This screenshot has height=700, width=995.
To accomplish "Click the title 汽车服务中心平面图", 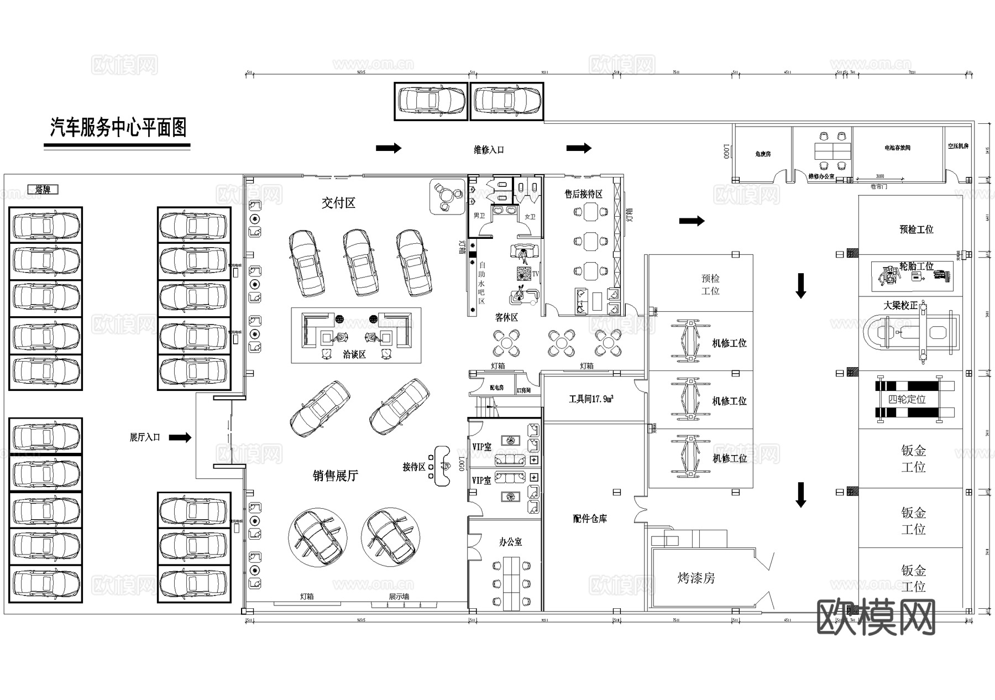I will [x=118, y=128].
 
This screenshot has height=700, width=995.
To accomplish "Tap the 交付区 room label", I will [x=338, y=203].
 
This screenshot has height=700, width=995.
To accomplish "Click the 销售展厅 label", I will [x=335, y=476].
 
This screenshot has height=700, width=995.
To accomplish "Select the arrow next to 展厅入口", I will [x=180, y=438].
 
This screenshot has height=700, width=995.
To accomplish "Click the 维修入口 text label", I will [x=489, y=150].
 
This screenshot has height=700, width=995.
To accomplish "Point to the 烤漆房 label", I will [x=696, y=578].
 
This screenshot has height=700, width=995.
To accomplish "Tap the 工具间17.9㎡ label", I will [x=591, y=399].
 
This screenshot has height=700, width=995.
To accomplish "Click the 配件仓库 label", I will [x=590, y=519].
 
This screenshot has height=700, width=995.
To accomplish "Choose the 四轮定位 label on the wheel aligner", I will [x=907, y=399].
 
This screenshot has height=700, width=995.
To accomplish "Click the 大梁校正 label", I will [x=900, y=305].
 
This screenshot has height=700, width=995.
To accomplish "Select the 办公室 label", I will [x=510, y=542].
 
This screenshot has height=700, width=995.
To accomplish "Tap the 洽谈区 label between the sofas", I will [x=354, y=354].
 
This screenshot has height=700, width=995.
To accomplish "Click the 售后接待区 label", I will [x=583, y=194].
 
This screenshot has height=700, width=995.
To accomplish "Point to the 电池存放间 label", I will [x=897, y=148].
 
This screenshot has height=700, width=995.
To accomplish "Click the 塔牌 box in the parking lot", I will [x=43, y=190].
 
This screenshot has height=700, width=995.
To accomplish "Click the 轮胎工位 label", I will [x=916, y=267].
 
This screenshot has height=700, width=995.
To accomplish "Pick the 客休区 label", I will [x=506, y=318].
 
